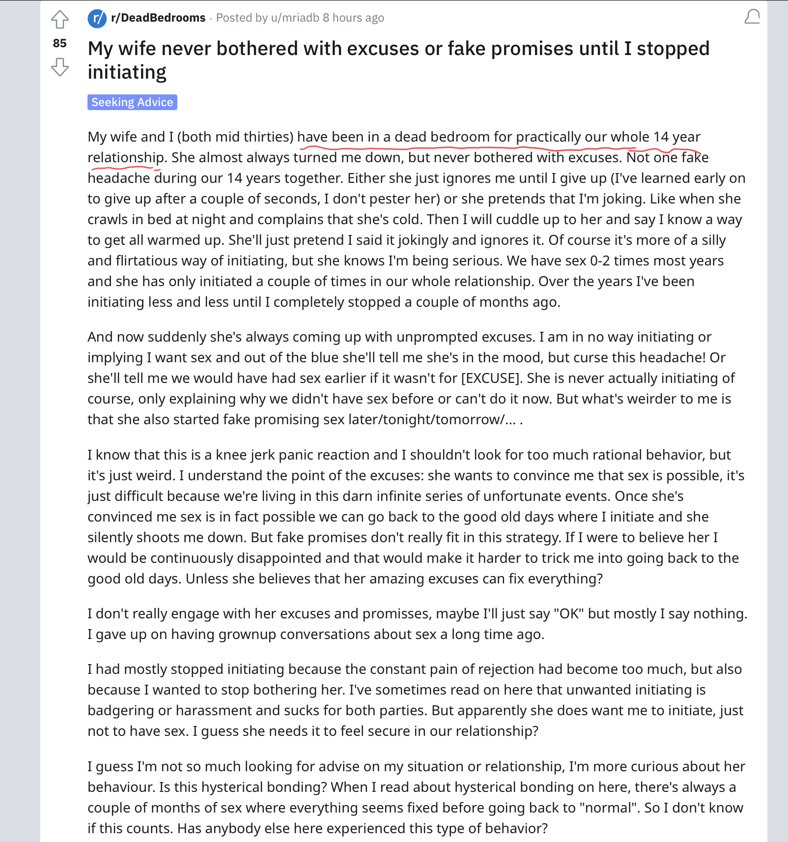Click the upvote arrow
click(x=60, y=20)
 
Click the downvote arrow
click(x=60, y=67)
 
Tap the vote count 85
click(x=60, y=43)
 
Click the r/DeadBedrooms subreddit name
click(x=158, y=18)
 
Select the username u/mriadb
click(x=295, y=18)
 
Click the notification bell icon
click(x=752, y=17)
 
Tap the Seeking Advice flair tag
click(x=132, y=102)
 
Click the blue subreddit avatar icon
click(x=97, y=18)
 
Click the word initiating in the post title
click(x=127, y=72)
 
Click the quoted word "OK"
click(x=569, y=613)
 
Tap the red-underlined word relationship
click(x=126, y=157)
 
